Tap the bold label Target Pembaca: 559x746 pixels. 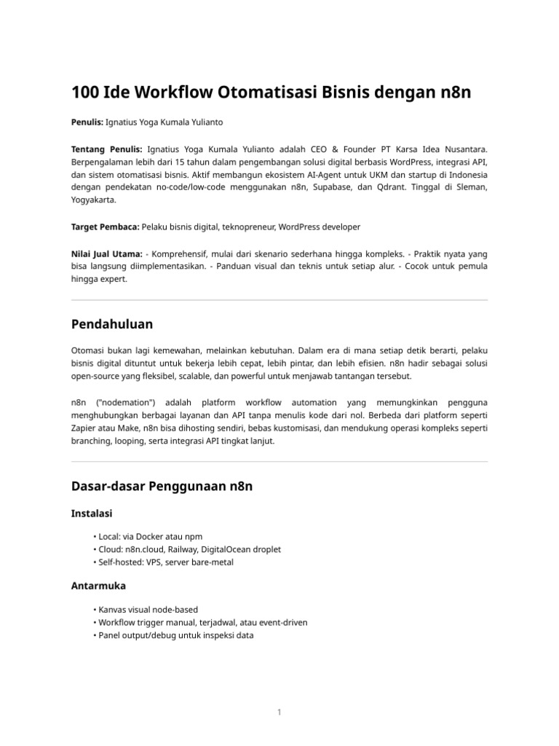(x=106, y=227)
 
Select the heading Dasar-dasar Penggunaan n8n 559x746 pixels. (x=162, y=486)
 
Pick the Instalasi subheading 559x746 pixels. (x=91, y=514)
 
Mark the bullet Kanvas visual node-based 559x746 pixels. (x=148, y=609)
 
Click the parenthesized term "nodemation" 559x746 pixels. (x=127, y=403)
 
